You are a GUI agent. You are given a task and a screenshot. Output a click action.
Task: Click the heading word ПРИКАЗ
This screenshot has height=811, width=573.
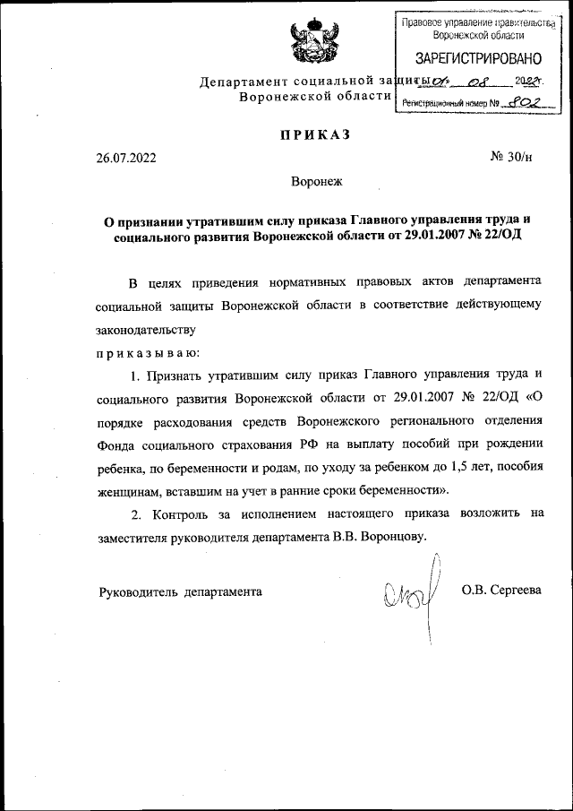[x=312, y=135]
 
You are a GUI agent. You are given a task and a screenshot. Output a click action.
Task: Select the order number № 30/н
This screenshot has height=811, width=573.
[x=511, y=159]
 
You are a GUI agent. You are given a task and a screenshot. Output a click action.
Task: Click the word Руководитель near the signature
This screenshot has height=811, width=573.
[x=138, y=591]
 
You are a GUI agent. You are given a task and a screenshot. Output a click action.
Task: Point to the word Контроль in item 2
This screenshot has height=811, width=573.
[x=181, y=514]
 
